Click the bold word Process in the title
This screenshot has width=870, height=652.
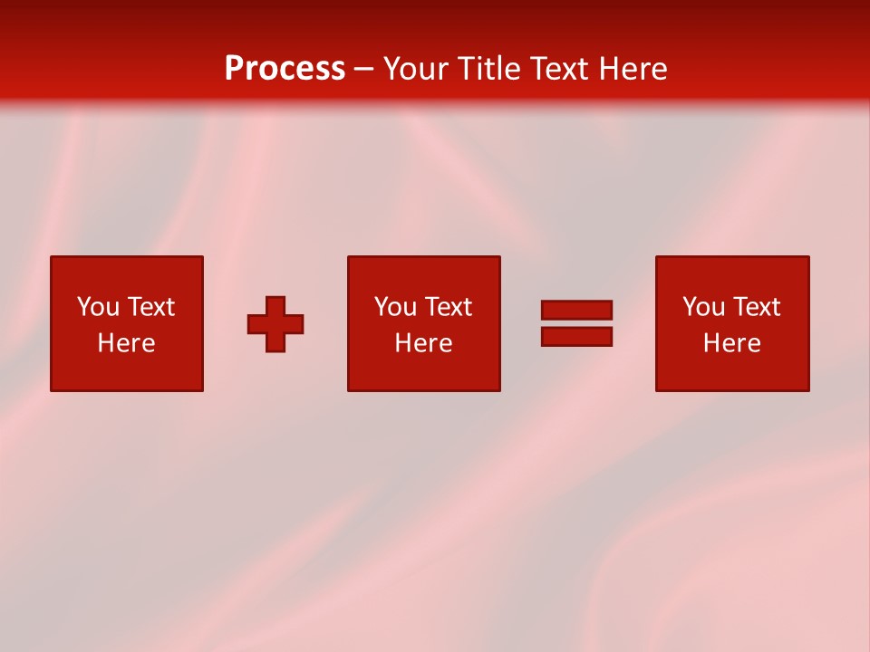[x=285, y=69]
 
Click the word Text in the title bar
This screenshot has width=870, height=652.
[x=559, y=69]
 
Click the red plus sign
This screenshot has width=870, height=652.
[x=275, y=324]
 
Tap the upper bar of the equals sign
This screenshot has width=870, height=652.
[x=576, y=311]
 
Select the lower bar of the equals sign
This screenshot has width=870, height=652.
[x=576, y=337]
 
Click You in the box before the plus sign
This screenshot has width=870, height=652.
[x=98, y=307]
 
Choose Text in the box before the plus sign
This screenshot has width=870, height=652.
[x=150, y=307]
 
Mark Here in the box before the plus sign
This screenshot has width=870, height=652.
[x=126, y=343]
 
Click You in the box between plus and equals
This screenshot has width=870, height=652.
[x=395, y=307]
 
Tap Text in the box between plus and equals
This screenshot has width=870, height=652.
[x=448, y=307]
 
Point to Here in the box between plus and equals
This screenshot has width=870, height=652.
[x=423, y=343]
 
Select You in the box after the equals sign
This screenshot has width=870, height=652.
[x=703, y=307]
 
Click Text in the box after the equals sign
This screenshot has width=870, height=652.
[x=756, y=307]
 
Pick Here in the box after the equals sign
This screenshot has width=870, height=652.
[x=731, y=343]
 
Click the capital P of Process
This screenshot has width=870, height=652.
[x=234, y=69]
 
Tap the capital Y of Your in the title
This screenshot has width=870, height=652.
[x=391, y=69]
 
